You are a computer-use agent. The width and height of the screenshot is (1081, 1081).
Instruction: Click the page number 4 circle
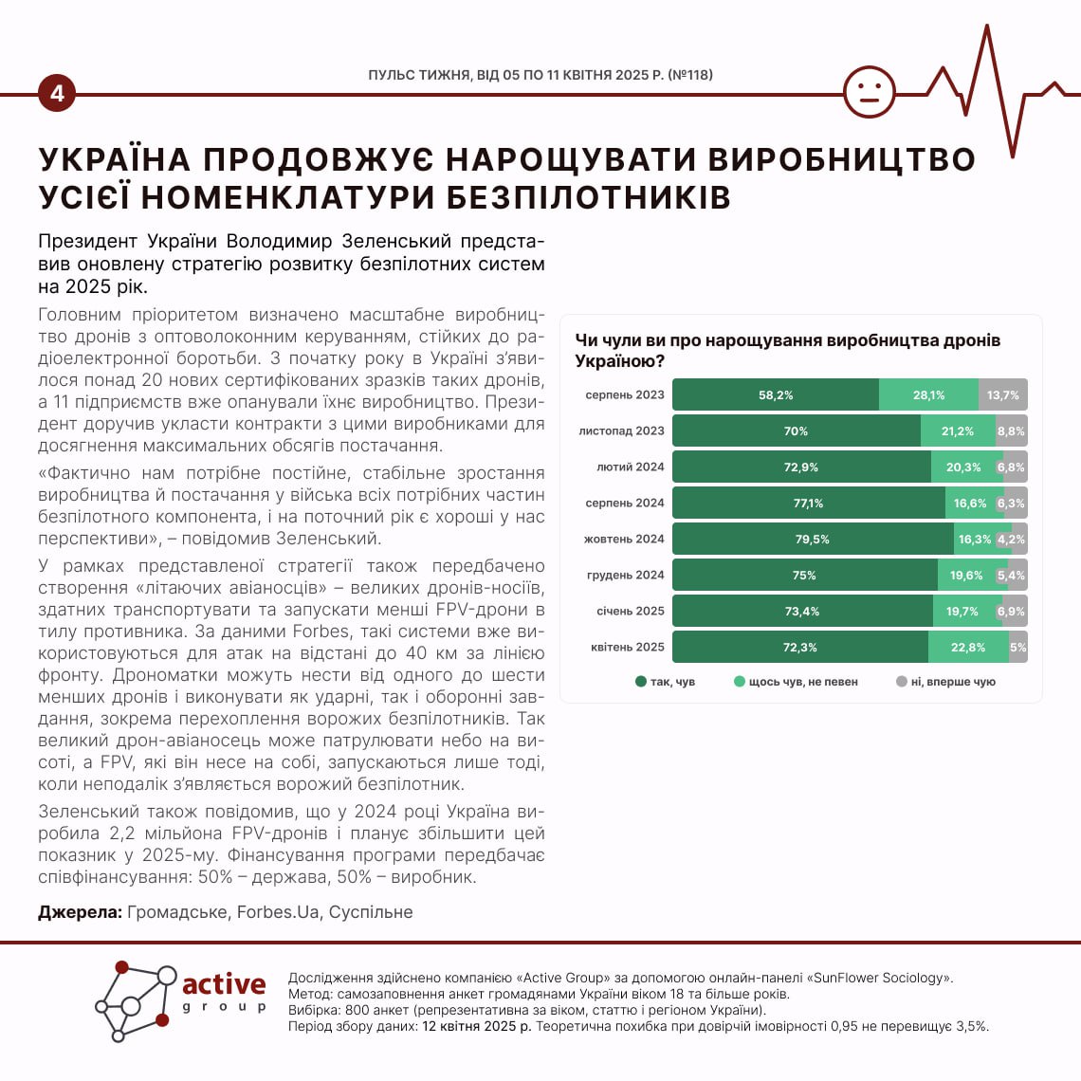pyautogui.click(x=57, y=94)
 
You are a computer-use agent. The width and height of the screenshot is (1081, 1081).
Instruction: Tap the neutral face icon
pyautogui.click(x=869, y=92)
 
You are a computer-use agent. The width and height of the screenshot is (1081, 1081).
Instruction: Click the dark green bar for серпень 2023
pyautogui.click(x=775, y=395)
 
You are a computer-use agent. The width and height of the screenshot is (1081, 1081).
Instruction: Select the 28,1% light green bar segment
pyautogui.click(x=928, y=395)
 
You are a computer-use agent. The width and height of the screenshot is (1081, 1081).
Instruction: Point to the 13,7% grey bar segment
pyautogui.click(x=1002, y=395)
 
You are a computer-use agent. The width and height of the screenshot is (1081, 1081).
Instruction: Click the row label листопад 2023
pyautogui.click(x=621, y=431)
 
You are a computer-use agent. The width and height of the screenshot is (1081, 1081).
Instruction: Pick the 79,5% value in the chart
pyautogui.click(x=812, y=540)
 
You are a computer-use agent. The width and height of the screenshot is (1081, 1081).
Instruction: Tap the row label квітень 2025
pyautogui.click(x=627, y=648)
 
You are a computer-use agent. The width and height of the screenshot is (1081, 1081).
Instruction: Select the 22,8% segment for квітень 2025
pyautogui.click(x=967, y=648)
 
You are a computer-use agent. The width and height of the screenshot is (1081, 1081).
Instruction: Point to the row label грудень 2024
pyautogui.click(x=625, y=576)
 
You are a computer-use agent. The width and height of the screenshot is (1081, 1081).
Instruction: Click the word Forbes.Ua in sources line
pyautogui.click(x=277, y=912)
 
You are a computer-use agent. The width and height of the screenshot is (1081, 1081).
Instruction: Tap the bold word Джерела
pyautogui.click(x=80, y=912)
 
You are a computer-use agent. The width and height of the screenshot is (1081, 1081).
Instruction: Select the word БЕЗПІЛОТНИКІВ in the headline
pyautogui.click(x=588, y=197)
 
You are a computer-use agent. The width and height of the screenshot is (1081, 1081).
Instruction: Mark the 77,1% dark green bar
pyautogui.click(x=808, y=504)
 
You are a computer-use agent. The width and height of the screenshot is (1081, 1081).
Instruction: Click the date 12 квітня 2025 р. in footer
pyautogui.click(x=477, y=1026)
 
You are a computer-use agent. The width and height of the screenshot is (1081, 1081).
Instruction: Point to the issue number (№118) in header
pyautogui.click(x=690, y=75)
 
